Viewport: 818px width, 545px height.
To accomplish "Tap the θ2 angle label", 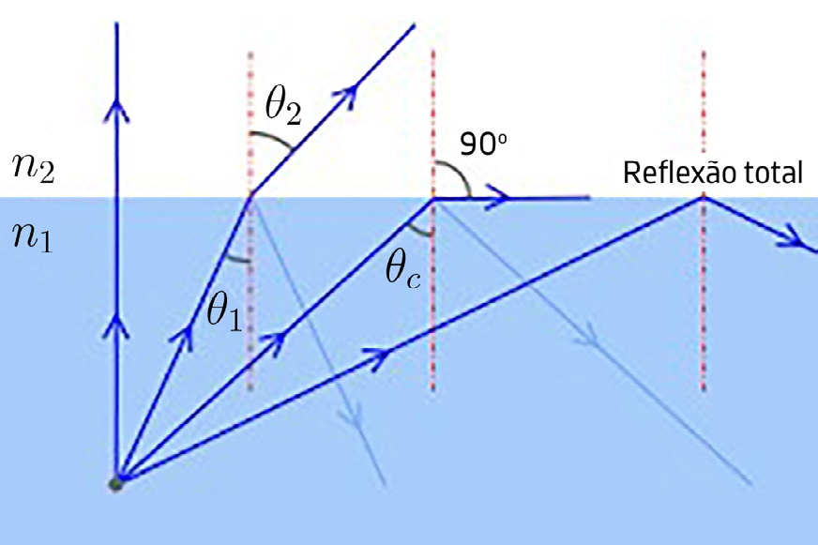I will click(282, 107).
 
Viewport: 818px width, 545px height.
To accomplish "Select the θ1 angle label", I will click(225, 312).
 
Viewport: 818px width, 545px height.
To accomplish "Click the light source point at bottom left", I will click(115, 482).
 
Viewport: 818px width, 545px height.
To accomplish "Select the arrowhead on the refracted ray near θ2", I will click(354, 91).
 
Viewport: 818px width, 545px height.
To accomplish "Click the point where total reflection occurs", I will click(703, 197).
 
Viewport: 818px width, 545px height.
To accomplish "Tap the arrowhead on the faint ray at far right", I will click(591, 339).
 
